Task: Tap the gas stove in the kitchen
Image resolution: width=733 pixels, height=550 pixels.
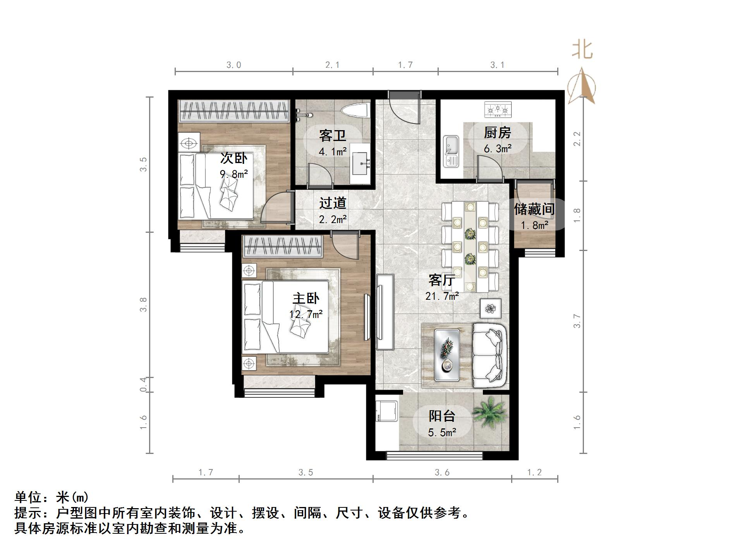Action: [498, 110]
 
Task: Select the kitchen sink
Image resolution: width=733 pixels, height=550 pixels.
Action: [451, 151]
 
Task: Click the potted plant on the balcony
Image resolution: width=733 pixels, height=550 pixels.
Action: [490, 412]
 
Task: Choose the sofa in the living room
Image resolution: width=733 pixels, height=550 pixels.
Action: [489, 355]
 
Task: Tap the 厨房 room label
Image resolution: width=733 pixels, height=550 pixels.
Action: [498, 133]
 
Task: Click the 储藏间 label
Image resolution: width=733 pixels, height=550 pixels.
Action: [534, 209]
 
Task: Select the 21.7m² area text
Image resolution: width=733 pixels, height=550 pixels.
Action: [442, 296]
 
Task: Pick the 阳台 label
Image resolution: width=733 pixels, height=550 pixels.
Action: [441, 416]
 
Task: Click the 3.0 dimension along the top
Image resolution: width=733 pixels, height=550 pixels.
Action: [233, 65]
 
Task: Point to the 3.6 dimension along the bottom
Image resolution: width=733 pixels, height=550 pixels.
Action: [442, 472]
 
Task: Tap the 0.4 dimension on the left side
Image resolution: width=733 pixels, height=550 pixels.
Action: [143, 384]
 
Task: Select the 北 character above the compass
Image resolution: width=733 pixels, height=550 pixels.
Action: [582, 50]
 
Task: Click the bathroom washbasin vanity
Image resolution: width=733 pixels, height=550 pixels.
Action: [360, 167]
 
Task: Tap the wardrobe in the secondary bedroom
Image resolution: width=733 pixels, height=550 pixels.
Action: [234, 110]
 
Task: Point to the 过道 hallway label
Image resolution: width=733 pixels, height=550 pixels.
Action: [333, 203]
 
